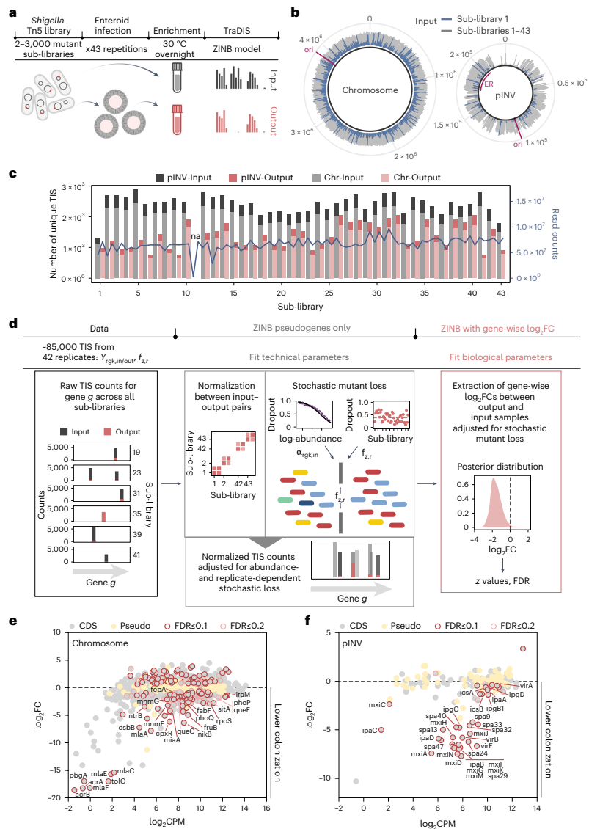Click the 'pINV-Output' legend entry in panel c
pyautogui.click(x=259, y=178)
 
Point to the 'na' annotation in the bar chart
pyautogui.click(x=196, y=236)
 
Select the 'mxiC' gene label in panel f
pyautogui.click(x=377, y=705)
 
